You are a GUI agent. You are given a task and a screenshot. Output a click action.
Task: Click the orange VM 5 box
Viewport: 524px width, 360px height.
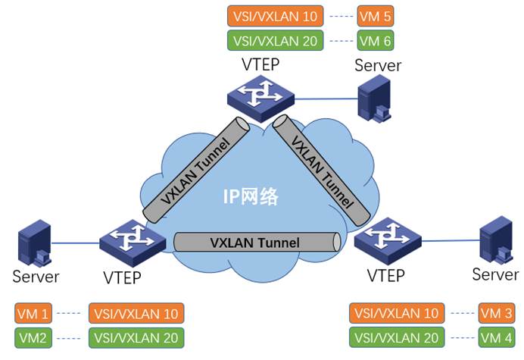(x=376, y=15)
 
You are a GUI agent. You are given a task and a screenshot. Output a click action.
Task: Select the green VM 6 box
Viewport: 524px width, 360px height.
(x=376, y=40)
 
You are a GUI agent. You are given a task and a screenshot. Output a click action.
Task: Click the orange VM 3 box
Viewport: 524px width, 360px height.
(x=497, y=312)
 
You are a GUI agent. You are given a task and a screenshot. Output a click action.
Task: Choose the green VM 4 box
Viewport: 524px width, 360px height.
(x=497, y=337)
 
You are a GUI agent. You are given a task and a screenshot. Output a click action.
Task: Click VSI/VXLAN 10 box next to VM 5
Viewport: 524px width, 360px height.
(x=276, y=15)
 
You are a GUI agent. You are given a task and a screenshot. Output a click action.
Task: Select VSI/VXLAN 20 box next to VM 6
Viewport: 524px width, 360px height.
(x=276, y=40)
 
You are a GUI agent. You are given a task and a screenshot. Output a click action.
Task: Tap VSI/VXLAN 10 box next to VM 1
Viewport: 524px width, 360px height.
(x=136, y=312)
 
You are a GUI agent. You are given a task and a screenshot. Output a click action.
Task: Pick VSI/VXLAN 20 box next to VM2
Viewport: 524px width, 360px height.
(x=136, y=337)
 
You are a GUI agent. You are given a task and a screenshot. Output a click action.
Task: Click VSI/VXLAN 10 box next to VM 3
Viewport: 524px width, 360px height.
(x=396, y=312)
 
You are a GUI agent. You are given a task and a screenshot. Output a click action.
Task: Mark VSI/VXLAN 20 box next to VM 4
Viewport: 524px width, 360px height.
(x=396, y=337)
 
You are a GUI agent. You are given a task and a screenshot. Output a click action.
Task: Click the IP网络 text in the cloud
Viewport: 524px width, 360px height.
(x=250, y=199)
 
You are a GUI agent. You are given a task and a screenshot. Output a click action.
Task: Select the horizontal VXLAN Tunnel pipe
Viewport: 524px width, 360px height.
(x=255, y=243)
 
